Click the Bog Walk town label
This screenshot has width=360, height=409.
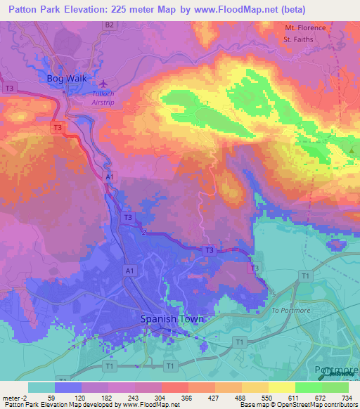65,78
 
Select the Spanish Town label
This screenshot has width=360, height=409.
172,318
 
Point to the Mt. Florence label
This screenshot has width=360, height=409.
305,28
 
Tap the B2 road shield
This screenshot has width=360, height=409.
109,25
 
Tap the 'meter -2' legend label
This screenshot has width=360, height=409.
14,398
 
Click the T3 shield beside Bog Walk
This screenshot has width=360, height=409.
10,88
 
